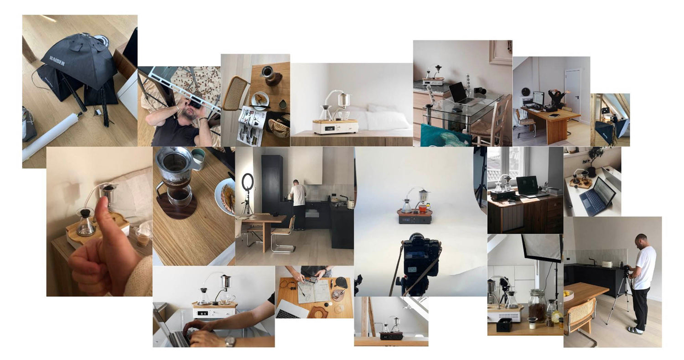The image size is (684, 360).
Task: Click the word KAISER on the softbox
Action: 57,61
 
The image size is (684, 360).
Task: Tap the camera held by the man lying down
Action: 193,104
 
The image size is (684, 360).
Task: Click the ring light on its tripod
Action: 248,183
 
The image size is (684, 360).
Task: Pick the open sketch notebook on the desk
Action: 314,291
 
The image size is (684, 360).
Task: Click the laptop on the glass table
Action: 459,94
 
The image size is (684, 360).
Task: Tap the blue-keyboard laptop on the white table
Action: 597,197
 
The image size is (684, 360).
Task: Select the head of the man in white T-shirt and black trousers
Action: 642,240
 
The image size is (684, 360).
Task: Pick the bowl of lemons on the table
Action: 568,294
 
